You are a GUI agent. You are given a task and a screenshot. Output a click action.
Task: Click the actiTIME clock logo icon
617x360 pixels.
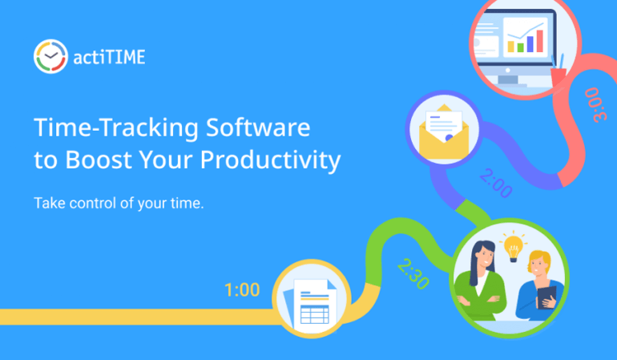pos(50,56)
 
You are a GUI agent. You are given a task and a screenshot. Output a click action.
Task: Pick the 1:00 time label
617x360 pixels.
pos(242,289)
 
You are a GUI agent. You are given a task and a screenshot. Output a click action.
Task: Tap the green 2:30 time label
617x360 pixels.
pos(413,274)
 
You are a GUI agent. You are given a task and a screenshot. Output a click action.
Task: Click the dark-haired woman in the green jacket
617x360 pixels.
pos(483,280)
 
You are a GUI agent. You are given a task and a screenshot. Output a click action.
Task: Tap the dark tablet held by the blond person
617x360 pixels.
pos(547,297)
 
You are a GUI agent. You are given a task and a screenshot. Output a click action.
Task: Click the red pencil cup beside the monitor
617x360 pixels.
pos(559,73)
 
